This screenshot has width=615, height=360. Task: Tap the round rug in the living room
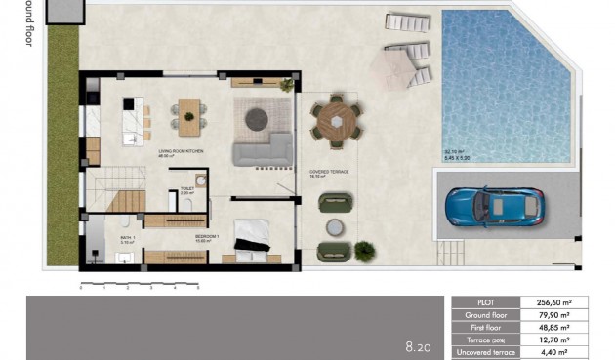point(256,119)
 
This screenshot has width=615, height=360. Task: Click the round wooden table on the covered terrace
point(337,122)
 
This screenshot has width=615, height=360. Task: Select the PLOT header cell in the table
point(484,303)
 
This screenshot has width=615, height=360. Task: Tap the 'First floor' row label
point(484,328)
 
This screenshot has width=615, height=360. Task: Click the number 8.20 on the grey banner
point(417,345)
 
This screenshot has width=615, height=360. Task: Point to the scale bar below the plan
point(139,285)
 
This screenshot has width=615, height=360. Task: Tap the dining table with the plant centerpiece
point(187,114)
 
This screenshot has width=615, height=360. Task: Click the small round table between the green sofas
point(334,227)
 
